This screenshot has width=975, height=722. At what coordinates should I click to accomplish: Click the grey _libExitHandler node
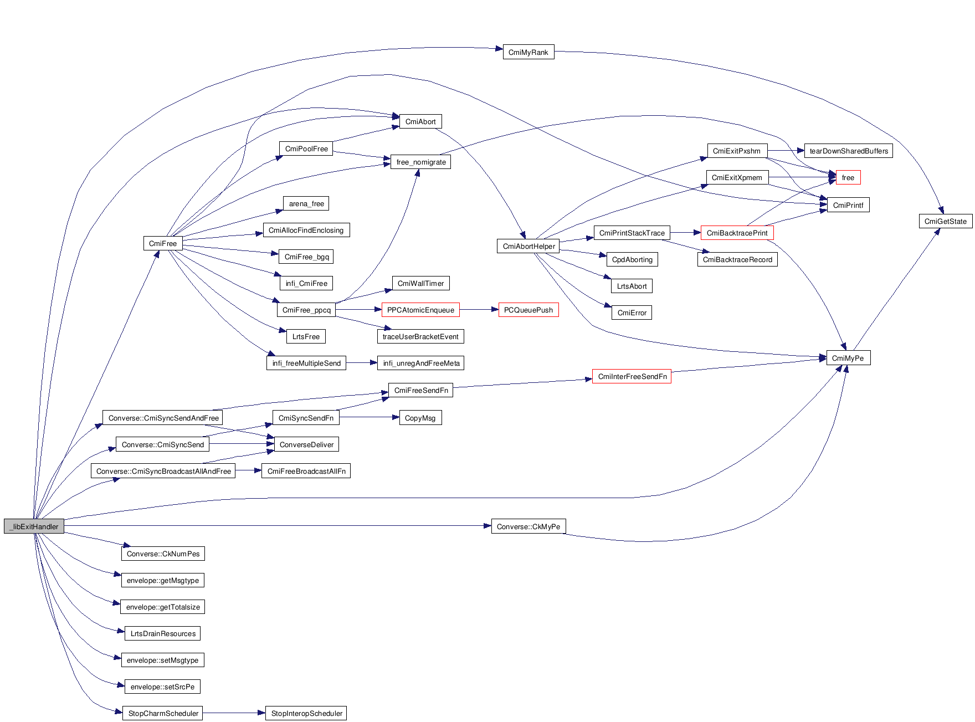(x=34, y=526)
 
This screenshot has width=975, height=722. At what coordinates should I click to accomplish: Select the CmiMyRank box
(x=528, y=52)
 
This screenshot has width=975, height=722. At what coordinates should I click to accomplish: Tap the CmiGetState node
(x=945, y=221)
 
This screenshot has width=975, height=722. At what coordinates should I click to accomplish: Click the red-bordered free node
(x=848, y=177)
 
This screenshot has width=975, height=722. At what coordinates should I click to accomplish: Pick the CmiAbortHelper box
(x=528, y=246)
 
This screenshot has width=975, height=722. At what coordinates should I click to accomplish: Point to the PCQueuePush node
(x=528, y=310)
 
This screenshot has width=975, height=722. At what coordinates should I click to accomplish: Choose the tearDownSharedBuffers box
(x=848, y=151)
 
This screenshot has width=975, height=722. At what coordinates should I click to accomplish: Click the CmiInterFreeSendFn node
(x=632, y=376)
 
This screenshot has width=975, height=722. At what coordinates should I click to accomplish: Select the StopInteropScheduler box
(x=306, y=713)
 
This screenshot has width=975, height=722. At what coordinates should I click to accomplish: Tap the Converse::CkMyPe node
(x=528, y=526)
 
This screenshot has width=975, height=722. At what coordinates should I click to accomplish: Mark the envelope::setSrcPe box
(x=162, y=687)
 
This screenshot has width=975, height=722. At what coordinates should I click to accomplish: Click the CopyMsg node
(x=420, y=418)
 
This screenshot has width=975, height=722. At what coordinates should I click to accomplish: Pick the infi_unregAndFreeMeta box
(x=421, y=363)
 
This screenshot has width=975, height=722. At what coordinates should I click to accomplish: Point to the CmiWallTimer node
(x=420, y=283)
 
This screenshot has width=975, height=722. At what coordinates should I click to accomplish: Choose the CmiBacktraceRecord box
(x=737, y=259)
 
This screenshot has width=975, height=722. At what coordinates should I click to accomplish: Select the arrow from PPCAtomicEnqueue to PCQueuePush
(x=479, y=310)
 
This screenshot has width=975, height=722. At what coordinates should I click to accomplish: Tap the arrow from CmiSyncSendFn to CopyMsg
(x=369, y=417)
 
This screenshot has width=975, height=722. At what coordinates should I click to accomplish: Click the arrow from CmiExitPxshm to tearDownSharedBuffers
(x=786, y=150)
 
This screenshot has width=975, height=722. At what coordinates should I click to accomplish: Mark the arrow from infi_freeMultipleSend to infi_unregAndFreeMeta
(x=361, y=363)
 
